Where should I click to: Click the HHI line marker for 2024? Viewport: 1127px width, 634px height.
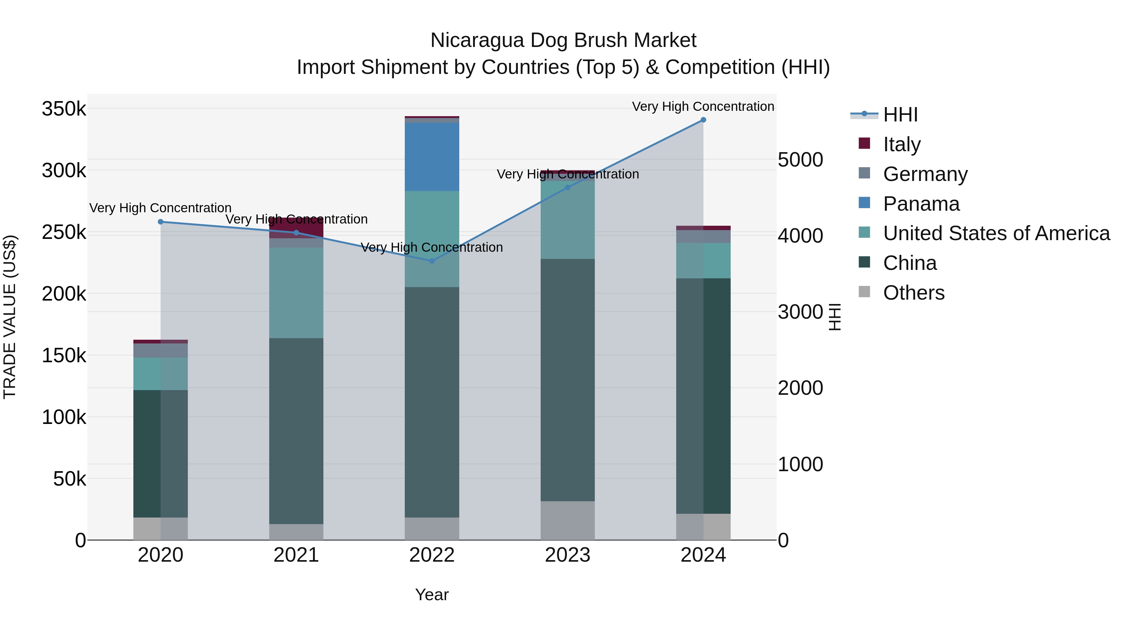[703, 120]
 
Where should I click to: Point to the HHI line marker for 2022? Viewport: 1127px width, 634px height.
[432, 261]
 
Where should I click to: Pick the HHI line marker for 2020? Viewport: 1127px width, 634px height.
[161, 222]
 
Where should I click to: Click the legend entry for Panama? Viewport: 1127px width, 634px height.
[921, 204]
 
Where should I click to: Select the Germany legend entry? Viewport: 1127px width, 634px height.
[925, 174]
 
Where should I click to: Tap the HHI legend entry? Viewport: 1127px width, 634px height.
[899, 115]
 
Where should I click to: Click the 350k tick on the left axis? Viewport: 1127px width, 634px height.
[64, 109]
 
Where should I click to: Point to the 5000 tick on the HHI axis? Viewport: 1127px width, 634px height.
[800, 160]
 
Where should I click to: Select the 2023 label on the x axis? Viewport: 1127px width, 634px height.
[568, 555]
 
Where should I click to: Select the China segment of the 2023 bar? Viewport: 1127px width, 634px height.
[568, 380]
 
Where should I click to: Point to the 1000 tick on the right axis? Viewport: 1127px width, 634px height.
[800, 464]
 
